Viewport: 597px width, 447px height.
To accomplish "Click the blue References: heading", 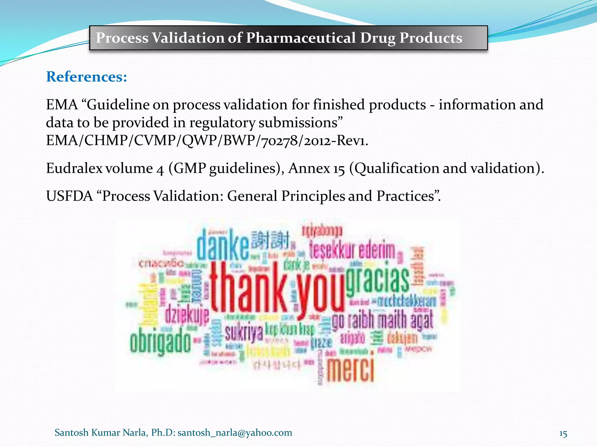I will pyautogui.click(x=87, y=77).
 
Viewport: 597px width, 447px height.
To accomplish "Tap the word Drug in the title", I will pyautogui.click(x=377, y=38).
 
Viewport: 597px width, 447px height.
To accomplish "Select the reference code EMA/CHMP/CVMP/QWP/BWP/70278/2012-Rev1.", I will pyautogui.click(x=207, y=141).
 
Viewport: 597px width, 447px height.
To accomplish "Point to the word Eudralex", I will pyautogui.click(x=75, y=168).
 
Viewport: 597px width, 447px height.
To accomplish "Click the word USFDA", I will pyautogui.click(x=69, y=196).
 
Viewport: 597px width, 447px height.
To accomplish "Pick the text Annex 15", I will pyautogui.click(x=317, y=168).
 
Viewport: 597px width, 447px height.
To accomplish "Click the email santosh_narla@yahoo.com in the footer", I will pyautogui.click(x=235, y=432).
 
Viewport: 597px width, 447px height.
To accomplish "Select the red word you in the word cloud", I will pyautogui.click(x=321, y=294).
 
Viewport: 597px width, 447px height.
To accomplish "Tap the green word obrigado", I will pyautogui.click(x=160, y=342).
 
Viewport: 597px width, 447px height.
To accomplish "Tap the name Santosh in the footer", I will pyautogui.click(x=71, y=432).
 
